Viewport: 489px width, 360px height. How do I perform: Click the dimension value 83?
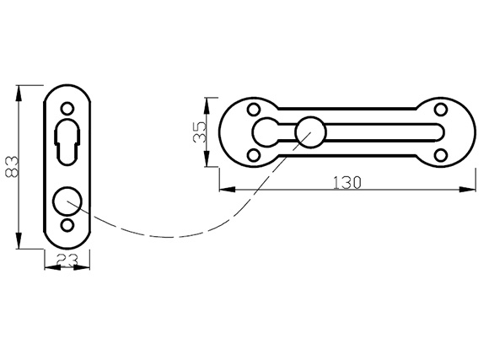(13, 167)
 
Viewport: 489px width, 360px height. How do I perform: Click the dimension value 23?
(67, 261)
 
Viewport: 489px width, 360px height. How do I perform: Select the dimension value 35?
(200, 132)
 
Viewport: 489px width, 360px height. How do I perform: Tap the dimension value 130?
(347, 183)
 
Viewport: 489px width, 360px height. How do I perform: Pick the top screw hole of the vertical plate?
(67, 109)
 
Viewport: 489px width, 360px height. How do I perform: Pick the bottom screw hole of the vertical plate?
(67, 225)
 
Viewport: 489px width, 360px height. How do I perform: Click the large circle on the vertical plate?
(67, 201)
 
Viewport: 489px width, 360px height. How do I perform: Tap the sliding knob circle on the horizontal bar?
(310, 132)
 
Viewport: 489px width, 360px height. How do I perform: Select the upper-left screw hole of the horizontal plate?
(254, 110)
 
